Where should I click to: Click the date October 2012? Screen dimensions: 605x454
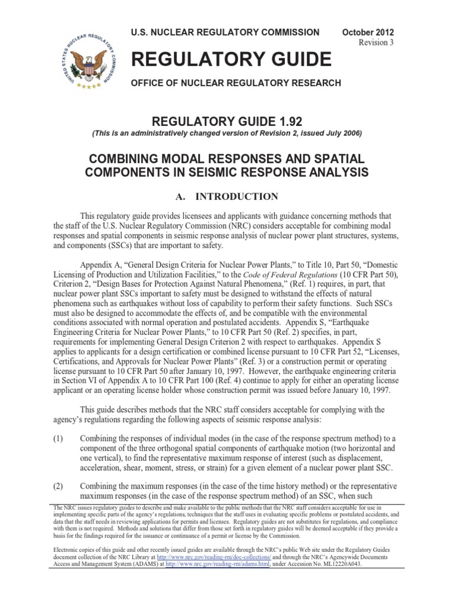click(368, 32)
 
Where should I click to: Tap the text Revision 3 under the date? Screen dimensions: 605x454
click(377, 43)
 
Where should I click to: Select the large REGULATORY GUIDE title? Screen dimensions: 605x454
click(231, 59)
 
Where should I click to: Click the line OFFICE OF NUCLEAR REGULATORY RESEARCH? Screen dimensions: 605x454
click(236, 83)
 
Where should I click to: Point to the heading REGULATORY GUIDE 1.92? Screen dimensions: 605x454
click(228, 121)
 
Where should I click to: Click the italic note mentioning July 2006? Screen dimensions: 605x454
click(228, 134)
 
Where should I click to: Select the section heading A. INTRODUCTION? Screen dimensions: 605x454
click(228, 196)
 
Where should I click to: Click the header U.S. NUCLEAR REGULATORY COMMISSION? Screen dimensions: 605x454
click(225, 32)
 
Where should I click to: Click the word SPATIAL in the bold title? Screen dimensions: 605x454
click(338, 160)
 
